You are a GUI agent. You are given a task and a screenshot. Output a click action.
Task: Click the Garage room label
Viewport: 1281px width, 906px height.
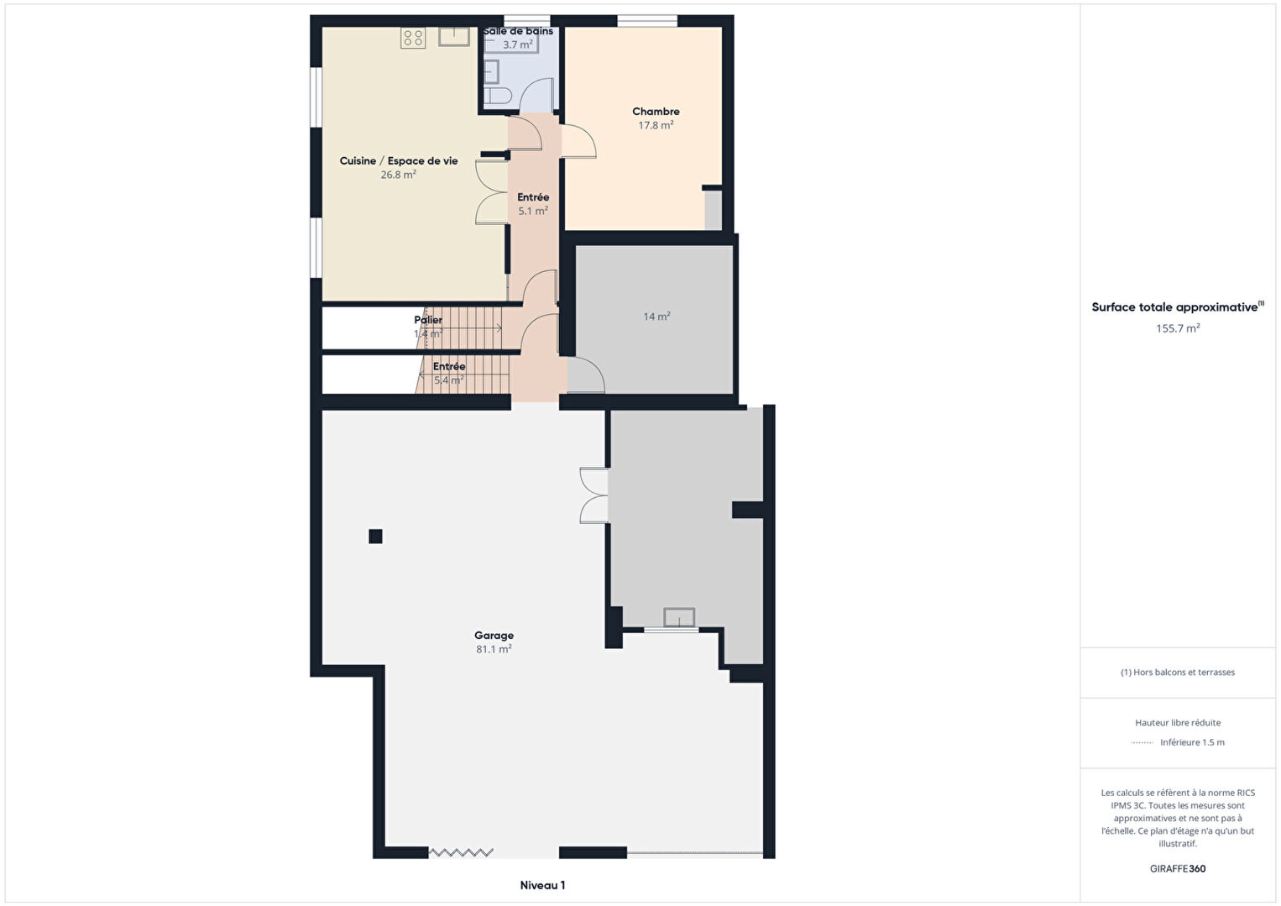[x=494, y=635]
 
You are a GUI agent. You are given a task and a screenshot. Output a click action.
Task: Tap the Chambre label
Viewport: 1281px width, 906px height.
[x=656, y=112]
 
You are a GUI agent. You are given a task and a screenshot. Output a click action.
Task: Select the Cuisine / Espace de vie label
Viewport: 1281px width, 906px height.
[x=399, y=160]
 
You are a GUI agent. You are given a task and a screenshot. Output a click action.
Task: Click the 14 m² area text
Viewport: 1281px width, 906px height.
[x=656, y=317]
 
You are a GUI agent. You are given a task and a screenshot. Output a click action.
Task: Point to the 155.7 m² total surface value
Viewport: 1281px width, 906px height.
[x=1178, y=328]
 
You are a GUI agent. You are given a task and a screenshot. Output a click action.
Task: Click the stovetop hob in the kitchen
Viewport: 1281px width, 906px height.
[x=413, y=39]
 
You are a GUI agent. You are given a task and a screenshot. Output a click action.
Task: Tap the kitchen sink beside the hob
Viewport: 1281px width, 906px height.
[x=454, y=36]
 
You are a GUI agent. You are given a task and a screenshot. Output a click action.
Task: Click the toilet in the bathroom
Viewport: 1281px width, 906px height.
[x=498, y=96]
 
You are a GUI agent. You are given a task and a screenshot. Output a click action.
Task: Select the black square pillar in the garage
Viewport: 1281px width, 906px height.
[x=375, y=536]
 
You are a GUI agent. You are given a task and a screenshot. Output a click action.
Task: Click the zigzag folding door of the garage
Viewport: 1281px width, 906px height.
[x=461, y=852]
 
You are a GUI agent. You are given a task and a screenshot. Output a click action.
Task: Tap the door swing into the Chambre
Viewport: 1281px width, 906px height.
[x=578, y=141]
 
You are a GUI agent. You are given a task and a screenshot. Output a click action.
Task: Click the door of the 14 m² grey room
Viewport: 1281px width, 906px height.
[x=586, y=375]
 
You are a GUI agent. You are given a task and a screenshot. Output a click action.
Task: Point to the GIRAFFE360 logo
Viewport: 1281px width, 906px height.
[x=1178, y=868]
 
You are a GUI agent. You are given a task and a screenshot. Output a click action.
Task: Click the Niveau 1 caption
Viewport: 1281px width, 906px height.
[x=542, y=885]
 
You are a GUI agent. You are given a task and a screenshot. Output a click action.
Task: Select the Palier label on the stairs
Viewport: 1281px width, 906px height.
[x=428, y=320]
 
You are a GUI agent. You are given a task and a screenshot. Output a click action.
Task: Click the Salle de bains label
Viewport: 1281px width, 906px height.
[x=518, y=31]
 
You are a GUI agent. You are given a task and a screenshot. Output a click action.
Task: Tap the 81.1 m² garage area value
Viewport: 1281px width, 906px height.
[x=494, y=649]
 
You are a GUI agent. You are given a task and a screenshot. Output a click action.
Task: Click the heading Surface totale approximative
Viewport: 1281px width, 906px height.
[x=1174, y=307]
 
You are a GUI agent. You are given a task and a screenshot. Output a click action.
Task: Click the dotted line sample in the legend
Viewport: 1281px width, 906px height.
[x=1142, y=743]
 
